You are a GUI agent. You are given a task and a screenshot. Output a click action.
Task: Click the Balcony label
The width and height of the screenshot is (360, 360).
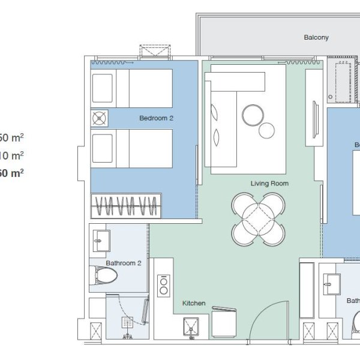pyautogui.click(x=316, y=37)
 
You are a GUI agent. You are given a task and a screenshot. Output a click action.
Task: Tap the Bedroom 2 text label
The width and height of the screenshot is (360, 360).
pyautogui.click(x=156, y=118)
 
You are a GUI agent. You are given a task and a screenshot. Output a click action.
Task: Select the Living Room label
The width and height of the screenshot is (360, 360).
pyautogui.click(x=269, y=184)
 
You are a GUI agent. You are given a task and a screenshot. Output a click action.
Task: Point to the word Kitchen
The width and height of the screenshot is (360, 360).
pyautogui.click(x=194, y=304)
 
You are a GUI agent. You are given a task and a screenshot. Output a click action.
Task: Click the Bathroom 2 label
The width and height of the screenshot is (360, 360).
pyautogui.click(x=124, y=263)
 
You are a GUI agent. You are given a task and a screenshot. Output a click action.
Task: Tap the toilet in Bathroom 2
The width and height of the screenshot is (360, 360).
pyautogui.click(x=106, y=277)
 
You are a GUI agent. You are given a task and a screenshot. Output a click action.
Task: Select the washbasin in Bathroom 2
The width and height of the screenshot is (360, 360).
pyautogui.click(x=100, y=240)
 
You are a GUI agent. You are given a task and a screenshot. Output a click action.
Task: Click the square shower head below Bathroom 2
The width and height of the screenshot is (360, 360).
pyautogui.click(x=127, y=323)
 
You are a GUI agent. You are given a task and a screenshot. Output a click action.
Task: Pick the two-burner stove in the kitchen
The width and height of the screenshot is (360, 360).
pyautogui.click(x=163, y=286)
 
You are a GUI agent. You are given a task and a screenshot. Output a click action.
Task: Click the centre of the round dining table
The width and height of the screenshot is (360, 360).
pyautogui.click(x=258, y=219)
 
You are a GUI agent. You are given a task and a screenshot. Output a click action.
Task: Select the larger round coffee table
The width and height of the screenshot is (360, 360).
pyautogui.click(x=252, y=115)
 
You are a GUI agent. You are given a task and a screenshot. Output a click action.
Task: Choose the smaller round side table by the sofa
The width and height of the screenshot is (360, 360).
pyautogui.click(x=266, y=130)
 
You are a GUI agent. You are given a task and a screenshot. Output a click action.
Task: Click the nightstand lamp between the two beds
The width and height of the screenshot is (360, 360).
pyautogui.click(x=99, y=118)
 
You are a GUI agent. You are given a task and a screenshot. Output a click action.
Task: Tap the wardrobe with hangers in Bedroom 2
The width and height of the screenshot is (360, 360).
pyautogui.click(x=126, y=206)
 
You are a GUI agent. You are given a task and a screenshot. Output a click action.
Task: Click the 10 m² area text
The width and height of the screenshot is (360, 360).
pyautogui.click(x=12, y=155)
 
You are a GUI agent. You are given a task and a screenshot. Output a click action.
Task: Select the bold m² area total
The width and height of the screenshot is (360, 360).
pyautogui.click(x=12, y=173)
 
